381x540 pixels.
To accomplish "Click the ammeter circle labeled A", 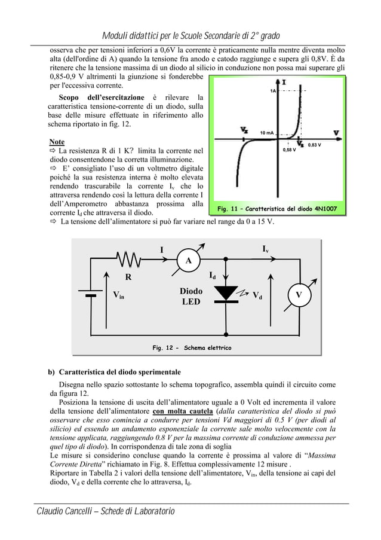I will click(x=189, y=261).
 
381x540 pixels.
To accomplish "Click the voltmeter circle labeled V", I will click(x=299, y=294).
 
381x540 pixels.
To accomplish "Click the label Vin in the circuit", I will click(x=119, y=295).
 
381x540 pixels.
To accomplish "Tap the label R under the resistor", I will click(x=128, y=277).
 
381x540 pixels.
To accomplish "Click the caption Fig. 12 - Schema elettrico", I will click(x=192, y=347).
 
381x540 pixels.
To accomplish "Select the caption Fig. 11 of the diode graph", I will click(x=278, y=209).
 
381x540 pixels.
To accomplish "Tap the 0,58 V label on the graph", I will click(x=291, y=150).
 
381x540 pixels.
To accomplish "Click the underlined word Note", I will click(x=57, y=142).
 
